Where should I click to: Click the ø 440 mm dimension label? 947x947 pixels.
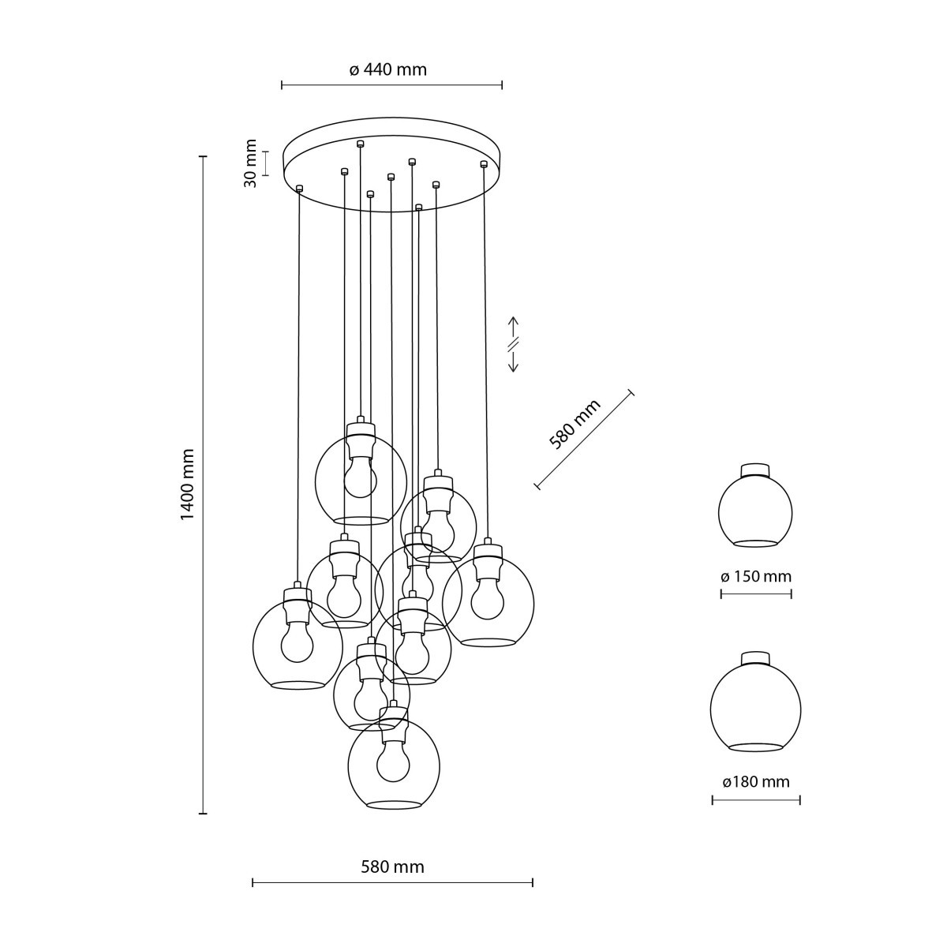(388, 69)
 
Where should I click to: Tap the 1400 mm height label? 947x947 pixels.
(187, 485)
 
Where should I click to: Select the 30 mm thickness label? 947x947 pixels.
(250, 163)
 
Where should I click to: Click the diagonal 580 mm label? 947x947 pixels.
(575, 424)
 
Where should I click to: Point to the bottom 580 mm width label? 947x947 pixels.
(392, 867)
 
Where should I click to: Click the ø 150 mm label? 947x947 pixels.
(755, 576)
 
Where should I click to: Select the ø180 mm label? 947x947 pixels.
(755, 782)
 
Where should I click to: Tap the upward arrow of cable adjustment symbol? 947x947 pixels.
(512, 326)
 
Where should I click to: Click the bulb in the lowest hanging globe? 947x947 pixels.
(393, 762)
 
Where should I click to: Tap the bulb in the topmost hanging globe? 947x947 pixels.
(361, 478)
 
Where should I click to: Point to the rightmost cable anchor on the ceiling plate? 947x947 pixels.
(483, 163)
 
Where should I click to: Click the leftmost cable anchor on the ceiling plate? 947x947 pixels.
(299, 188)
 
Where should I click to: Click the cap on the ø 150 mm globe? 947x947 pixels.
(755, 470)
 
